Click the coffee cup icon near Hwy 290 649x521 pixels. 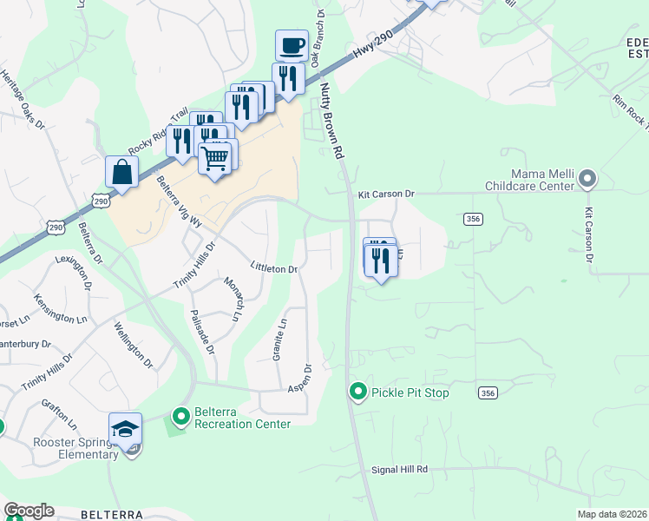(292, 46)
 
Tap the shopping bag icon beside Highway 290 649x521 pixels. (121, 172)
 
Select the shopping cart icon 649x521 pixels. (215, 158)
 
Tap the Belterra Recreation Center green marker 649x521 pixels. (180, 418)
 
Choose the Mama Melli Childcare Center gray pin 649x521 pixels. (587, 180)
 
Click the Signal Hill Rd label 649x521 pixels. (399, 469)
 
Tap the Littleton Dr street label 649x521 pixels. (273, 268)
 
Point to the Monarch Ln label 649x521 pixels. (232, 300)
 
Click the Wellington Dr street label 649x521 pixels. (133, 343)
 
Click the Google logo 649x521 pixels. (29, 511)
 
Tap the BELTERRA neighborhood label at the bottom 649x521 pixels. (111, 514)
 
